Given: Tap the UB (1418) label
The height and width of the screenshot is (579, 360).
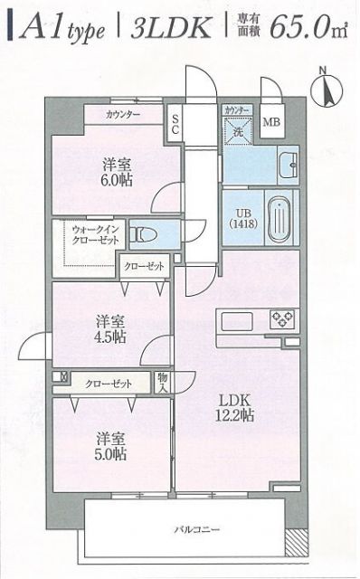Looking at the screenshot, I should [241, 217].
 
